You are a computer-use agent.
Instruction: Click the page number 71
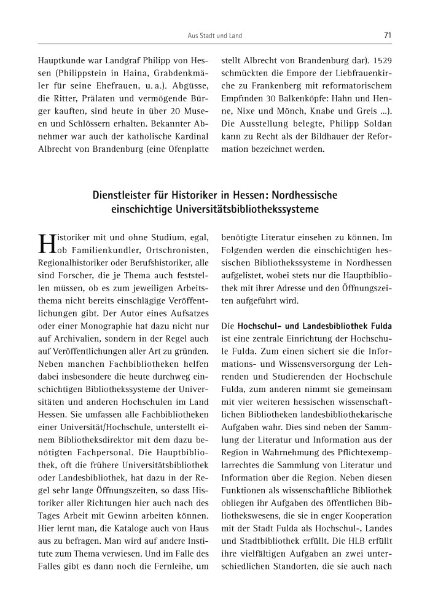click(388, 35)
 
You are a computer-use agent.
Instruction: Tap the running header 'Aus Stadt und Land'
click(215, 36)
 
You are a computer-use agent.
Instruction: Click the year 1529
click(380, 61)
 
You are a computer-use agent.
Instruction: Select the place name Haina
click(114, 75)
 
